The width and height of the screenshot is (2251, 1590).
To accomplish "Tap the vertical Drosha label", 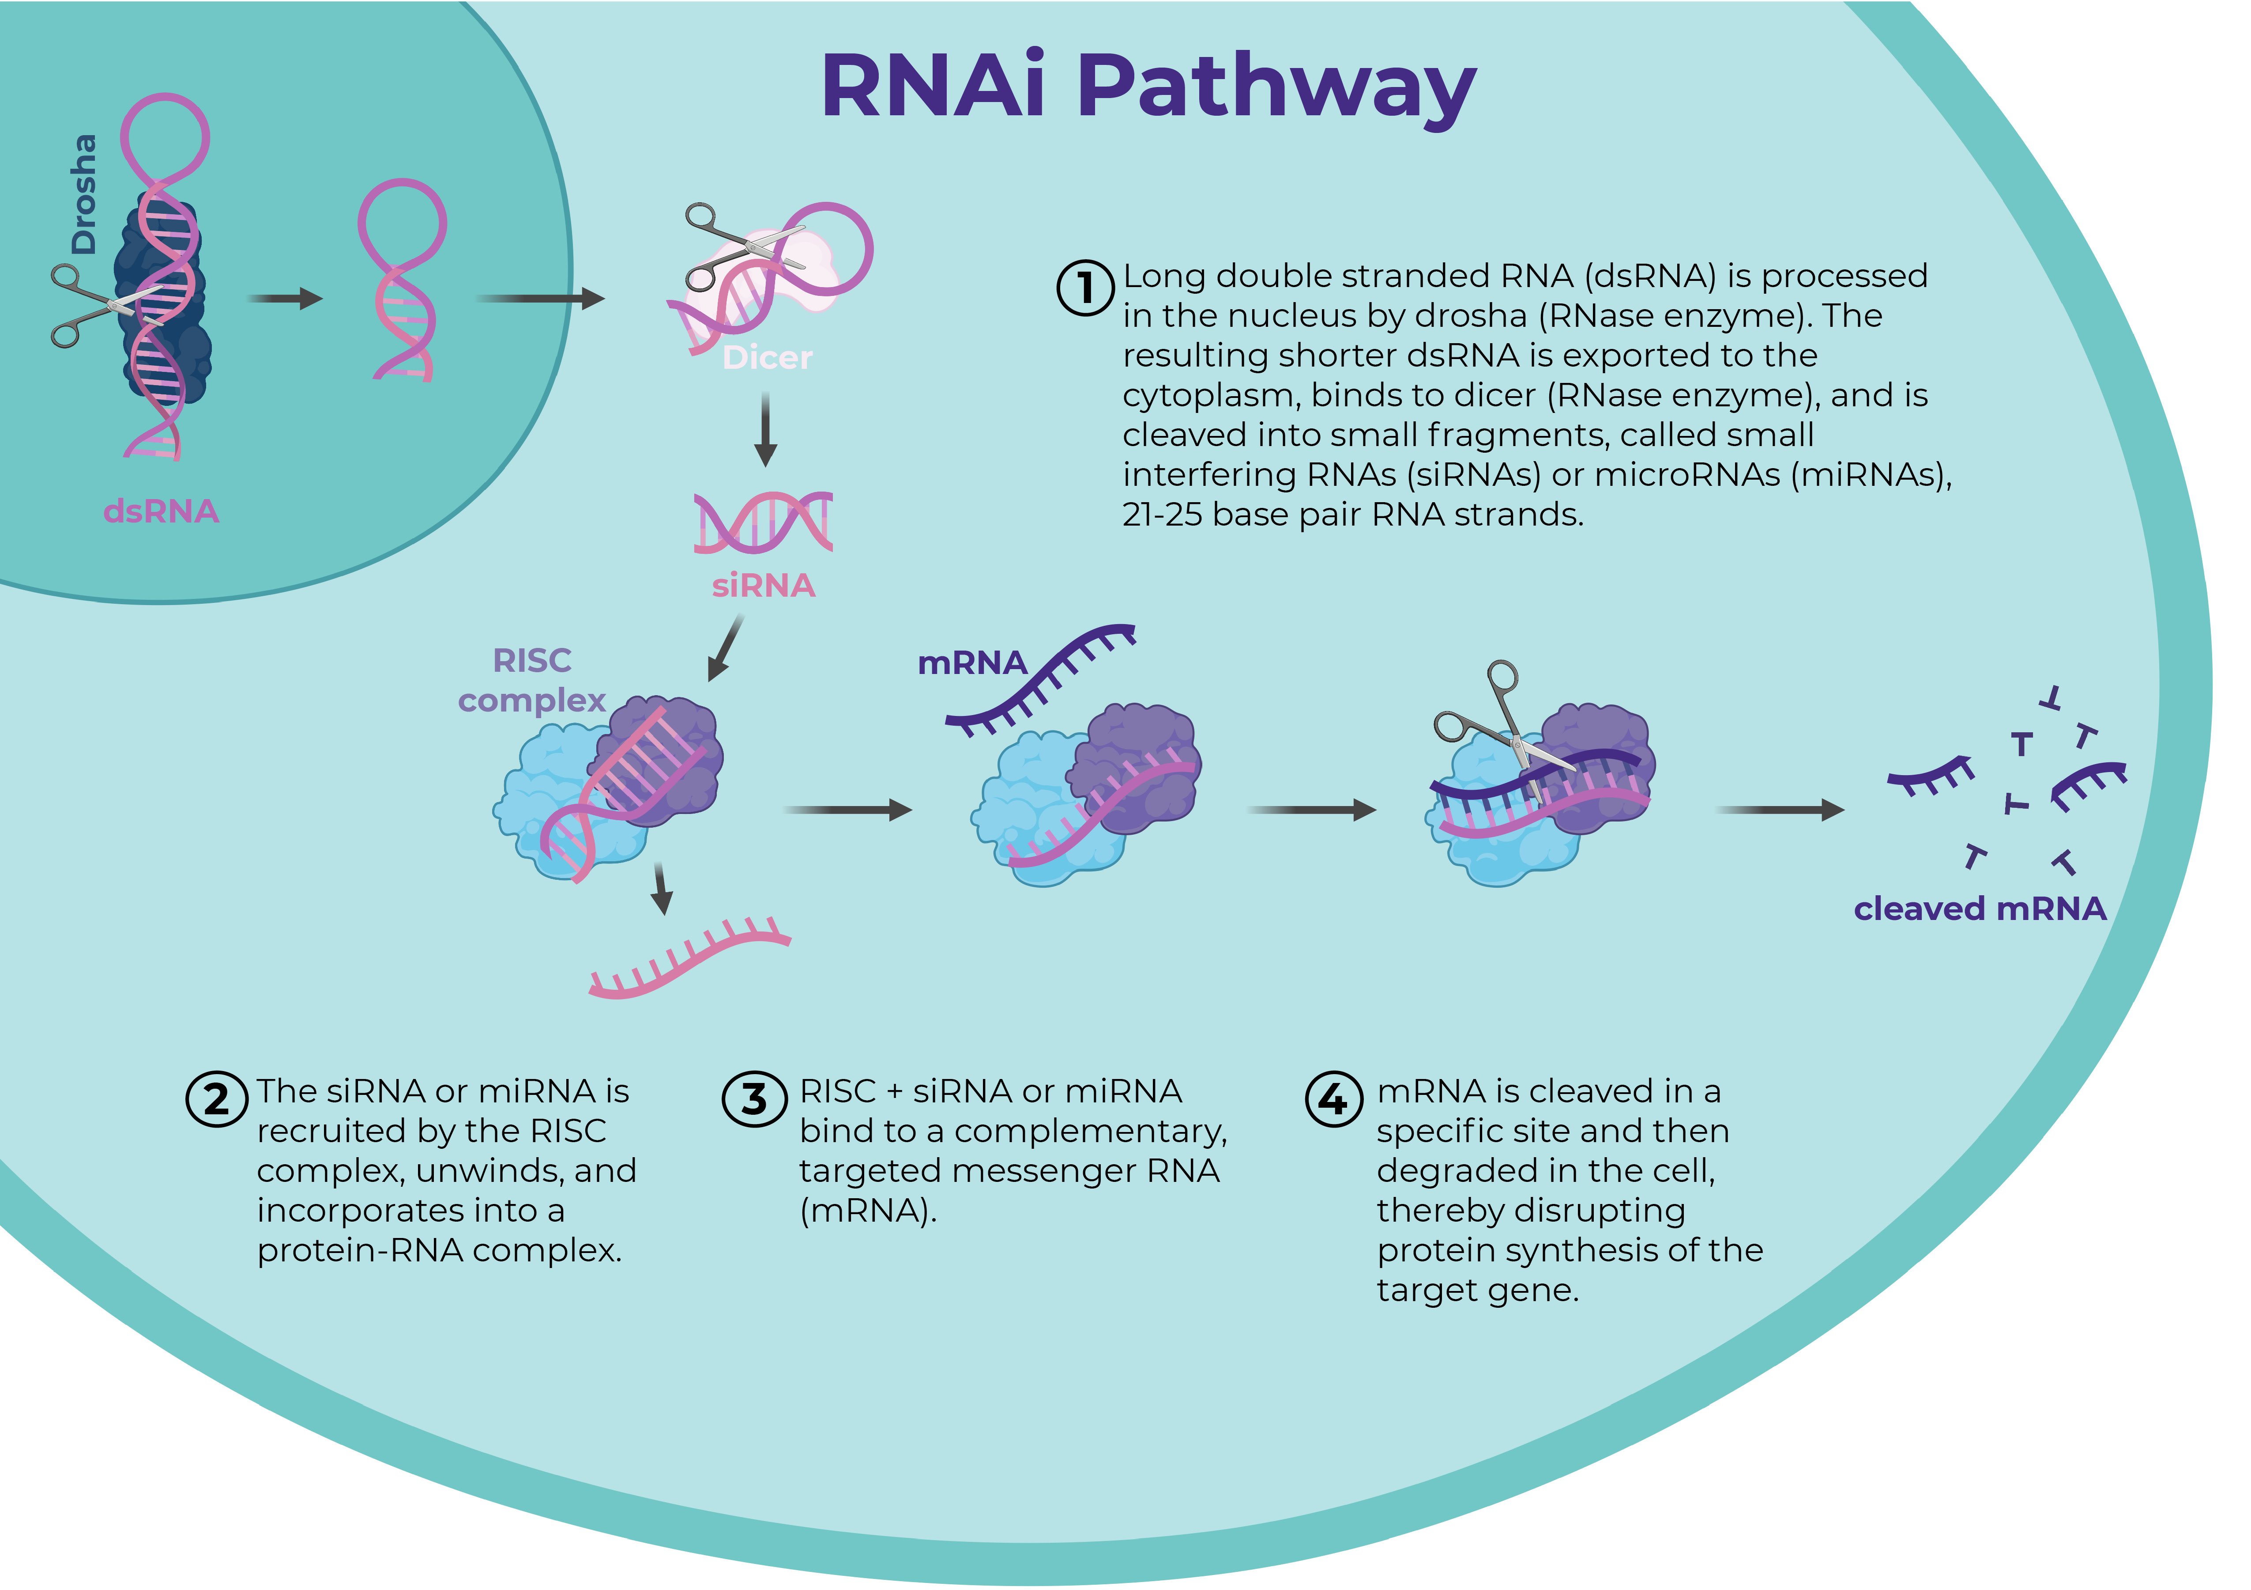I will [x=84, y=194].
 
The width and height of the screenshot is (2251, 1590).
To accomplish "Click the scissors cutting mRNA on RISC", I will [x=1500, y=726].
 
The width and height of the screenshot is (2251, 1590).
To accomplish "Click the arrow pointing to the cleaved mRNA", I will [x=1780, y=810].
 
